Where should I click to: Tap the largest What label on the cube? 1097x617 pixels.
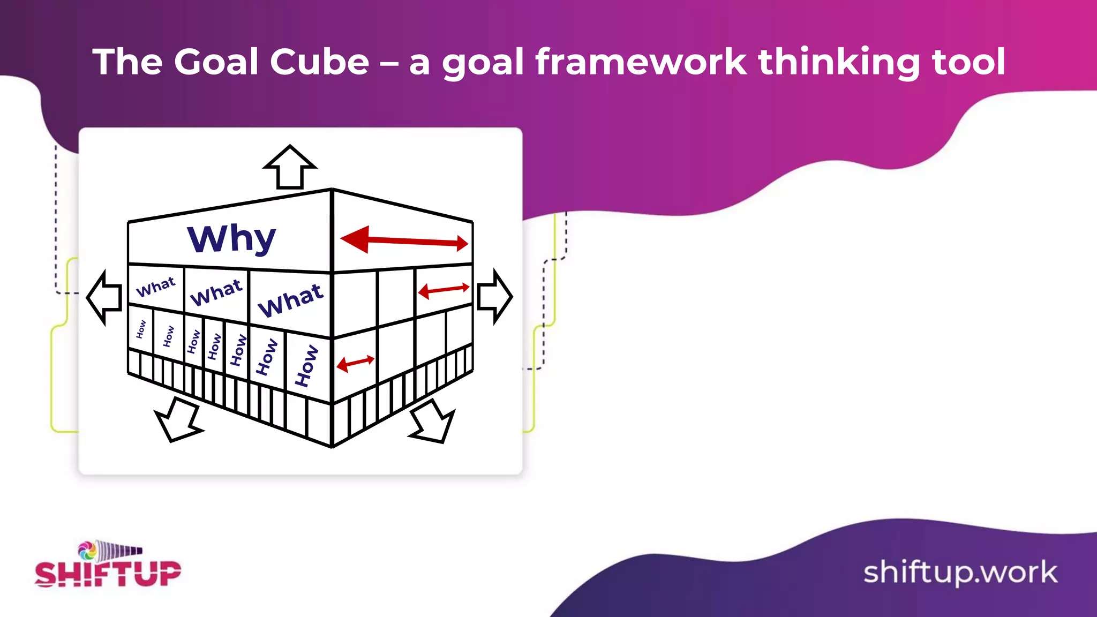tap(291, 300)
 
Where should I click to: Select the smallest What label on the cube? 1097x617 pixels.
tap(156, 287)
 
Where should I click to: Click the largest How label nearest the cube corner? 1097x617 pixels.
tap(307, 366)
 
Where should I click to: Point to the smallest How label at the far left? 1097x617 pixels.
tap(141, 329)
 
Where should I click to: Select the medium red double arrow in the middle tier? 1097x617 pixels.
tap(444, 290)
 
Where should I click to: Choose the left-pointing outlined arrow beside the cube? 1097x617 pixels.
tap(105, 297)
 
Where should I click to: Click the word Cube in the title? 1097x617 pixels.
tap(319, 62)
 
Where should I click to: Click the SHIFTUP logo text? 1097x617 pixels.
tap(108, 574)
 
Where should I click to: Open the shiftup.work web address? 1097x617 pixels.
tap(960, 573)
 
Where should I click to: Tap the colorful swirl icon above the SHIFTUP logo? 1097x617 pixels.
tap(87, 550)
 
